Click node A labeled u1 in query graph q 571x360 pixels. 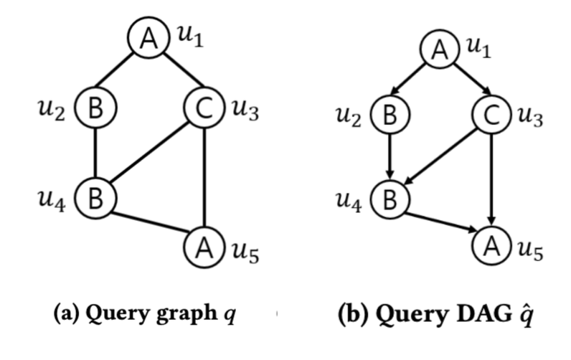(x=148, y=37)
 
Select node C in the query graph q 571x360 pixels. (x=204, y=108)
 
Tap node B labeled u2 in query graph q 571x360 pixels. (x=95, y=108)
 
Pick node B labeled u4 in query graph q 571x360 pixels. (x=95, y=199)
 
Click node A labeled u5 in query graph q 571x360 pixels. (x=204, y=247)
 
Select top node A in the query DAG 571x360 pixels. (x=440, y=49)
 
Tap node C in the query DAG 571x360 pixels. (x=491, y=115)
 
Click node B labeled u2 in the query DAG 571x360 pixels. (x=390, y=115)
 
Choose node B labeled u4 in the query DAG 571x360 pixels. (x=390, y=199)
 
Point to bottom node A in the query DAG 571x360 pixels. (x=491, y=246)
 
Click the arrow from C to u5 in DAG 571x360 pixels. (x=491, y=180)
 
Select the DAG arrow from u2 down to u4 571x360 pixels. (x=390, y=157)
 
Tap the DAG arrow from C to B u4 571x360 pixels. (x=440, y=156)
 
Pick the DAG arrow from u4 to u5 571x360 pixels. (x=441, y=222)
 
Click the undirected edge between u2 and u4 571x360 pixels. (x=95, y=153)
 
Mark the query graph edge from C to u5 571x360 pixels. (x=204, y=178)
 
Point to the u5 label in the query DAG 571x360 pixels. (x=530, y=250)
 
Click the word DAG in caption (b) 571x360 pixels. (x=483, y=314)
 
